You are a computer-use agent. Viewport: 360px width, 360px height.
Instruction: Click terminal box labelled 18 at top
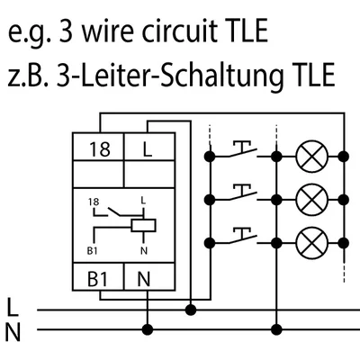[102, 147]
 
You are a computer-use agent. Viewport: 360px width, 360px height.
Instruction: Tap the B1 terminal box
[102, 280]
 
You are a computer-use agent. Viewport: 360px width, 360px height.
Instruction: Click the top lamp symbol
[310, 156]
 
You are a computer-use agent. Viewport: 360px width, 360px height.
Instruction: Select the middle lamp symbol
[310, 198]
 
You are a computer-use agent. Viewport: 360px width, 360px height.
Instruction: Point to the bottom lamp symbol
[310, 240]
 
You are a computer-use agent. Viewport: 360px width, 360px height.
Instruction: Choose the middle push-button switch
[242, 192]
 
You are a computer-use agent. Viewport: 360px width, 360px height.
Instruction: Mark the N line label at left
[12, 333]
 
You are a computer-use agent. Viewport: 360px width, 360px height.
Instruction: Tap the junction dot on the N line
[147, 328]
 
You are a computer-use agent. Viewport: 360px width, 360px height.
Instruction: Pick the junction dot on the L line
[190, 310]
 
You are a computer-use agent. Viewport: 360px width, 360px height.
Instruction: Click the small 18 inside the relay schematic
[95, 203]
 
